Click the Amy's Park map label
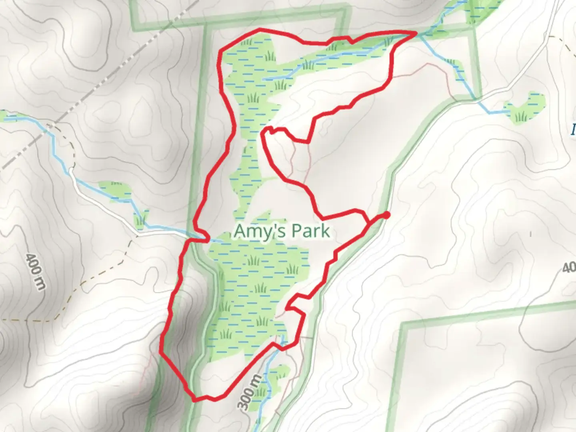[282, 231]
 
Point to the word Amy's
[256, 231]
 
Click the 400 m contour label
[35, 272]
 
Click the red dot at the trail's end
[386, 215]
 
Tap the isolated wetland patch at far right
[525, 107]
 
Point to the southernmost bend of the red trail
[195, 399]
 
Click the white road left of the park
[104, 208]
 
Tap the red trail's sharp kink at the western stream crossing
[206, 238]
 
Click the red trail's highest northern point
[260, 29]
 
